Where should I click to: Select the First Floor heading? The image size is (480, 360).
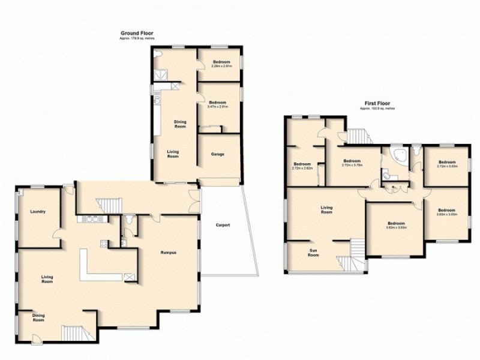point(377,103)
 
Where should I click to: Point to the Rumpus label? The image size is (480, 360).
point(168,252)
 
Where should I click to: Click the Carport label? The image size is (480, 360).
point(223,226)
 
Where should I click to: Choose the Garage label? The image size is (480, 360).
point(217,154)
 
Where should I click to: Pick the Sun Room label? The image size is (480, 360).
point(314,253)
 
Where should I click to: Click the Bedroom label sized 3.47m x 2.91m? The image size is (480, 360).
point(220,103)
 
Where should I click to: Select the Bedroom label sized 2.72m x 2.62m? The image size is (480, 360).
point(302,165)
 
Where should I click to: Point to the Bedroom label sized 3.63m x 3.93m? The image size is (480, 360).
point(395,224)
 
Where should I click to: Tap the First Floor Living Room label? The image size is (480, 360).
point(326,209)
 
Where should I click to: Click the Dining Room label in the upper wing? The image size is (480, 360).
point(180,124)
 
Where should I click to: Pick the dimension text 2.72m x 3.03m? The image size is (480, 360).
point(446,167)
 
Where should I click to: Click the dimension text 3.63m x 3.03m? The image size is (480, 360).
point(447,214)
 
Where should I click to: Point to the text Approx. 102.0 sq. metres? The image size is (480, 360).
point(377,109)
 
